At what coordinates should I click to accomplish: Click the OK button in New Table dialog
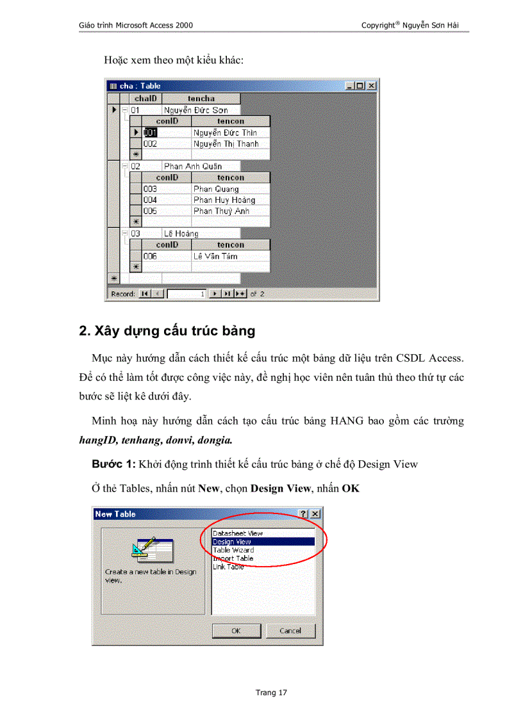(x=236, y=631)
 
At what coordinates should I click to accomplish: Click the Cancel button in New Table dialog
(x=290, y=631)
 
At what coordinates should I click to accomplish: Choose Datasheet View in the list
(x=237, y=533)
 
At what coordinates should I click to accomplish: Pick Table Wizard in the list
(x=233, y=550)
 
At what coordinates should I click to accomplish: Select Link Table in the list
(x=228, y=567)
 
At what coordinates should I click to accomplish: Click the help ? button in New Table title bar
(x=304, y=514)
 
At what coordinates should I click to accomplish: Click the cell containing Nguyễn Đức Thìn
(x=225, y=133)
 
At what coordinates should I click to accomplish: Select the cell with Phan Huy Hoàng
(x=224, y=200)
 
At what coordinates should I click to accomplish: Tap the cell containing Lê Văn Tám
(x=215, y=256)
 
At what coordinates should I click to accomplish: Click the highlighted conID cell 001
(x=150, y=133)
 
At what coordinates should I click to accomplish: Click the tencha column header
(x=201, y=99)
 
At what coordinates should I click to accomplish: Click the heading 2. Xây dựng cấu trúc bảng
(x=167, y=331)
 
